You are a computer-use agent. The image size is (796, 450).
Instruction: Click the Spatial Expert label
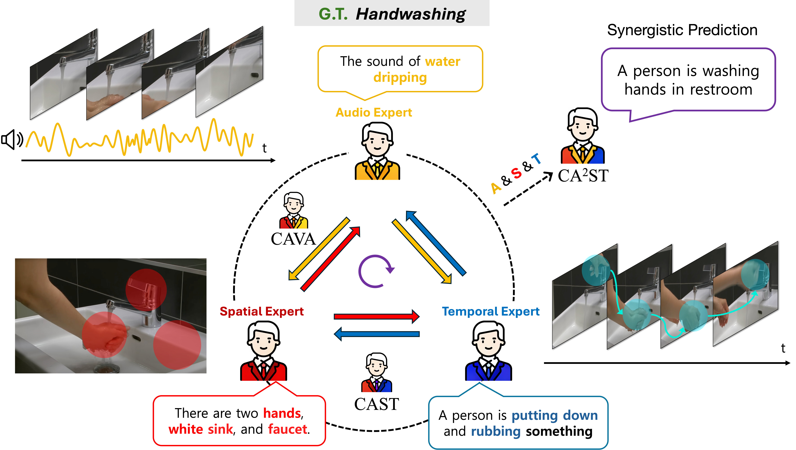click(262, 311)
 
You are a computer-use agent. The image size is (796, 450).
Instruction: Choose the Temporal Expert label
click(491, 311)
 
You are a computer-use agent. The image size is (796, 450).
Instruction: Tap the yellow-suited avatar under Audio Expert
click(377, 151)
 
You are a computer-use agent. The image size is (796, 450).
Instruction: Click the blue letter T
click(536, 159)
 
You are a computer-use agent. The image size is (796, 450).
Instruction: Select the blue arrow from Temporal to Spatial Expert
click(377, 334)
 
